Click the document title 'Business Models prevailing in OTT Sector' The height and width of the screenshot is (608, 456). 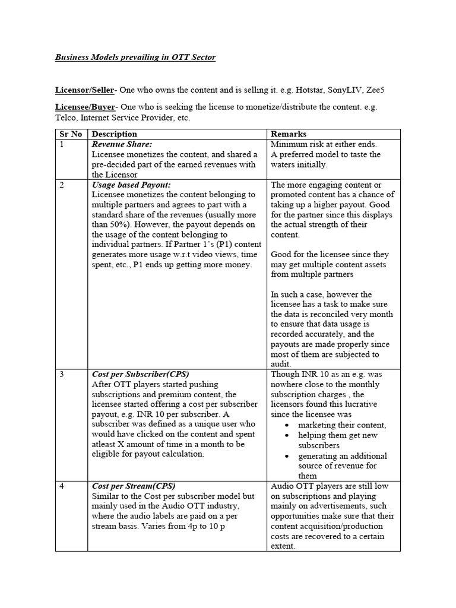(135, 58)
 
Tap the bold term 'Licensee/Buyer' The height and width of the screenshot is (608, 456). (84, 107)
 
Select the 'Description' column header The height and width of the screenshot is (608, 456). (115, 134)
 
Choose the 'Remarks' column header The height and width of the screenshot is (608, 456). (289, 134)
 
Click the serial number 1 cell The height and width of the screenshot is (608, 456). (62, 144)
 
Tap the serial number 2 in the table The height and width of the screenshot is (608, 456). (62, 185)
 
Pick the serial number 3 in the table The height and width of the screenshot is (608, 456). (62, 375)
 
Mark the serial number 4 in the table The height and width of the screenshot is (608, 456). (62, 486)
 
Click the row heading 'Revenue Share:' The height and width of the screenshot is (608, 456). (122, 144)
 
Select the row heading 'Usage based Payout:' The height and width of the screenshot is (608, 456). (131, 185)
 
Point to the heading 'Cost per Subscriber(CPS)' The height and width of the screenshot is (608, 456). (140, 375)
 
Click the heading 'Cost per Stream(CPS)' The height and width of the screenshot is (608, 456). (134, 486)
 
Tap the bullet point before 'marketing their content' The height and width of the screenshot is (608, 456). (287, 425)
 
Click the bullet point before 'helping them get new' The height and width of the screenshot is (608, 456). (287, 436)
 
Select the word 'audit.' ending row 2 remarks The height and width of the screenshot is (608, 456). (281, 365)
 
